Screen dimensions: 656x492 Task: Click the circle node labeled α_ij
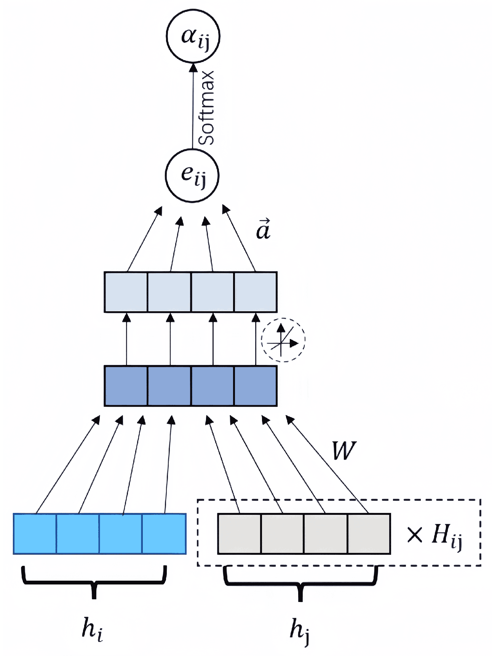pyautogui.click(x=193, y=36)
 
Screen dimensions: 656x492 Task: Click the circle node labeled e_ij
pyautogui.click(x=192, y=175)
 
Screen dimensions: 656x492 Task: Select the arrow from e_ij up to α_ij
pyautogui.click(x=193, y=107)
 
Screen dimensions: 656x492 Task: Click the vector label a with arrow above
pyautogui.click(x=263, y=229)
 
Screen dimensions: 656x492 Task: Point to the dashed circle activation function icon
pyautogui.click(x=283, y=340)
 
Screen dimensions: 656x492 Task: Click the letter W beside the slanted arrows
pyautogui.click(x=344, y=451)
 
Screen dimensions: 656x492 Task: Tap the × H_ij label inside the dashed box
pyautogui.click(x=434, y=534)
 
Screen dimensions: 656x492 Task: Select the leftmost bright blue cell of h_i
pyautogui.click(x=35, y=533)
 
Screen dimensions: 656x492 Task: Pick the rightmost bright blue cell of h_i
pyautogui.click(x=164, y=533)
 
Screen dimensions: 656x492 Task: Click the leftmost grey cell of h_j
pyautogui.click(x=240, y=533)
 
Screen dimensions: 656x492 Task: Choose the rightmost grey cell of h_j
pyautogui.click(x=369, y=533)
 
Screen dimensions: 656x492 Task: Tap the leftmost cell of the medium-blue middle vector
pyautogui.click(x=126, y=386)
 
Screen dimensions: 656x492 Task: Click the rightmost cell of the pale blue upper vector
pyautogui.click(x=256, y=292)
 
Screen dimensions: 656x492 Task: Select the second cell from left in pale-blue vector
pyautogui.click(x=169, y=292)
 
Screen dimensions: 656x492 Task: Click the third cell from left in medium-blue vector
pyautogui.click(x=212, y=386)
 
